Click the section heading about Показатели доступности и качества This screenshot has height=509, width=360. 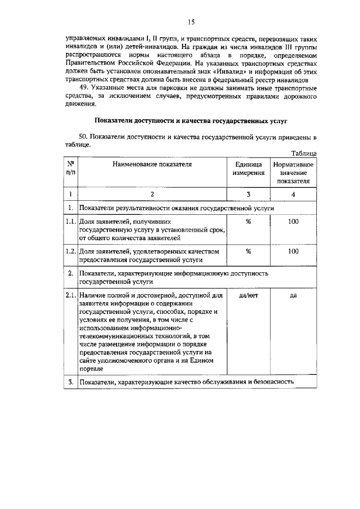tap(191, 120)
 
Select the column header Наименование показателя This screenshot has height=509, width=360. tap(152, 165)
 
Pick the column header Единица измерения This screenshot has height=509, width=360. tap(248, 169)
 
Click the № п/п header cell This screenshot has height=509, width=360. tap(70, 169)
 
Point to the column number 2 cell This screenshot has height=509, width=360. tap(152, 194)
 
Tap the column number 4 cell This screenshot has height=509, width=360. tap(293, 194)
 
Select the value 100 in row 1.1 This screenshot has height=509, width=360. tap(293, 222)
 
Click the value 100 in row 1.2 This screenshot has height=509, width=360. tap(293, 251)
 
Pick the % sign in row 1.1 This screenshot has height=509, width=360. tap(248, 222)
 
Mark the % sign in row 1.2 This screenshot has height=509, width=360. tap(248, 251)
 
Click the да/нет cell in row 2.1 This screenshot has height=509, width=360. tap(248, 295)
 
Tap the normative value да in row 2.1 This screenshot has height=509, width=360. tap(293, 295)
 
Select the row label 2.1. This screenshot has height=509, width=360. tap(70, 295)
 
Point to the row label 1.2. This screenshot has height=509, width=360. tap(70, 251)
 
